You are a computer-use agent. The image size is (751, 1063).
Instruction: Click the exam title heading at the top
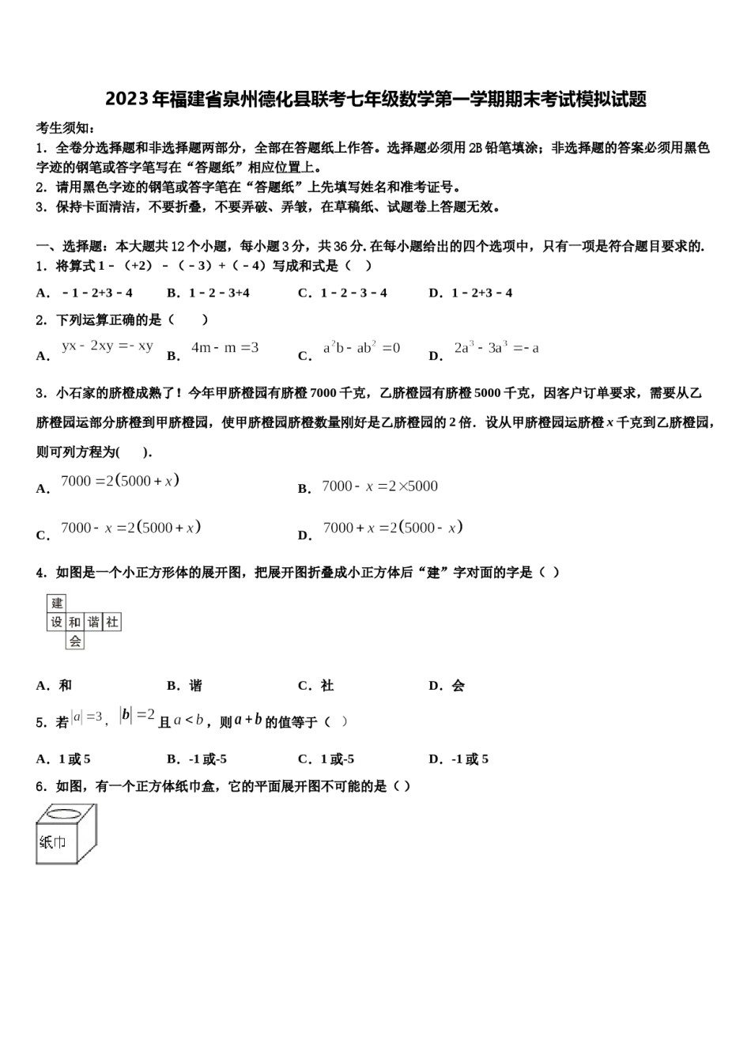click(375, 99)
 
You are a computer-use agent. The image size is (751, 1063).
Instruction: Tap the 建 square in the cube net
click(57, 603)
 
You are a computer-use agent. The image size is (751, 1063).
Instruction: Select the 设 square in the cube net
click(56, 622)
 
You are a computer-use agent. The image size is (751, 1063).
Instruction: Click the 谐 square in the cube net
click(93, 622)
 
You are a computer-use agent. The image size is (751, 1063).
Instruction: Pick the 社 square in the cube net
click(112, 622)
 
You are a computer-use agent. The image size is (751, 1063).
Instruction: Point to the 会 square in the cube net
click(75, 641)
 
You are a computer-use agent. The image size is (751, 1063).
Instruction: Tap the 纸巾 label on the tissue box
click(52, 842)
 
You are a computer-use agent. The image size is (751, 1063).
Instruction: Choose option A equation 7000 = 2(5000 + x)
click(120, 481)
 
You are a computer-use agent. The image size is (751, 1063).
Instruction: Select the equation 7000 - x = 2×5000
click(379, 486)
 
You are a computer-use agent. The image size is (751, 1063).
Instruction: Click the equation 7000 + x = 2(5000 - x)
click(393, 528)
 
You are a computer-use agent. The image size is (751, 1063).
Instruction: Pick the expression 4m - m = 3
click(225, 347)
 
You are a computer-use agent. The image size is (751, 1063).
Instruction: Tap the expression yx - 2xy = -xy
click(108, 346)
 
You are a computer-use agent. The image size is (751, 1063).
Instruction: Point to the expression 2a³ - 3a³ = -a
click(496, 347)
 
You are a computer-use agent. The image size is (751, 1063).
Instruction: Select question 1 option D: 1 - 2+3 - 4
click(471, 293)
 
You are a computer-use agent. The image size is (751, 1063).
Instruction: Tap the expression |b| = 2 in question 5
click(138, 715)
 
